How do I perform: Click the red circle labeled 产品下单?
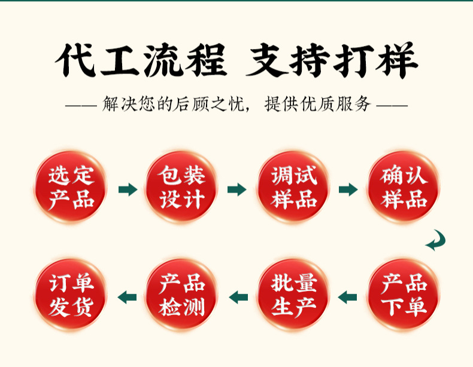(404, 296)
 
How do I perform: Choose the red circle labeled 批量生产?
(293, 296)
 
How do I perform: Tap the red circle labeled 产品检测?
(182, 296)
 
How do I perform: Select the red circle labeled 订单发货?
(71, 296)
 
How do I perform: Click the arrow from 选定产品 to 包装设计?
(128, 189)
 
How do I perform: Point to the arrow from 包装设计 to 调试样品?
(237, 189)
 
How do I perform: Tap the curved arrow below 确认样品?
(436, 240)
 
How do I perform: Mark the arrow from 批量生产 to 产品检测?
(238, 296)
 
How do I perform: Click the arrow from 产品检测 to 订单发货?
(127, 296)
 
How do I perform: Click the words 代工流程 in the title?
(141, 61)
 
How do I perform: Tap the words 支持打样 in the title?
(332, 61)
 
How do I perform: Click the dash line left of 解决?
(81, 106)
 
